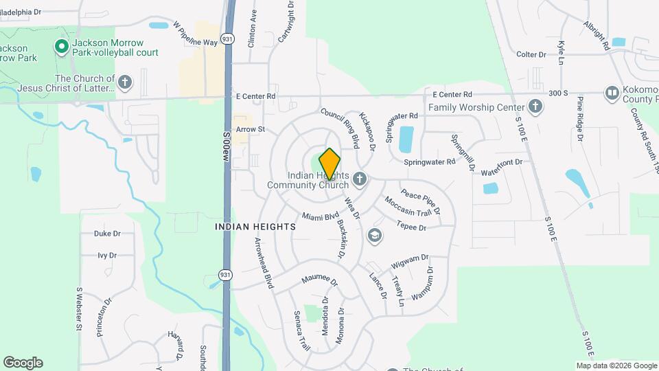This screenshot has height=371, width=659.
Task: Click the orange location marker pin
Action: pyautogui.click(x=329, y=164)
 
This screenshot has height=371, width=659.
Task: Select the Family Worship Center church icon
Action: pyautogui.click(x=535, y=106)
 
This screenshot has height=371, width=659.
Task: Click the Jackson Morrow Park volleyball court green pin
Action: pyautogui.click(x=61, y=47)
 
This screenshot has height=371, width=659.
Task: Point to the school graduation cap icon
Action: pyautogui.click(x=374, y=236)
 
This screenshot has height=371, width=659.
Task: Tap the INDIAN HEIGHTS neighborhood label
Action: pyautogui.click(x=255, y=226)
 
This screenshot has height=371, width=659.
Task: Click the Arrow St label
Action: pyautogui.click(x=250, y=129)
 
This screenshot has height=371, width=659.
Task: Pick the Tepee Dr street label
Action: pyautogui.click(x=411, y=225)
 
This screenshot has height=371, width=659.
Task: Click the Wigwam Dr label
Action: pyautogui.click(x=410, y=262)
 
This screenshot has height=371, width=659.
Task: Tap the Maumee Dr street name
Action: pyautogui.click(x=320, y=282)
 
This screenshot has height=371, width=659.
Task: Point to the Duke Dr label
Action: pyautogui.click(x=107, y=234)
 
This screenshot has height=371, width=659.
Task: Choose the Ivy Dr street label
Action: pyautogui.click(x=107, y=256)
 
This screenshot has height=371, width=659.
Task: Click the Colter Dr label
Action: pyautogui.click(x=531, y=54)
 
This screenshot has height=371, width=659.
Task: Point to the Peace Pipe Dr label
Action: pyautogui.click(x=420, y=200)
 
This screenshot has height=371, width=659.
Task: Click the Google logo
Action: pyautogui.click(x=23, y=362)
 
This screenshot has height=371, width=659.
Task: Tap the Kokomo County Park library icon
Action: pyautogui.click(x=612, y=93)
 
